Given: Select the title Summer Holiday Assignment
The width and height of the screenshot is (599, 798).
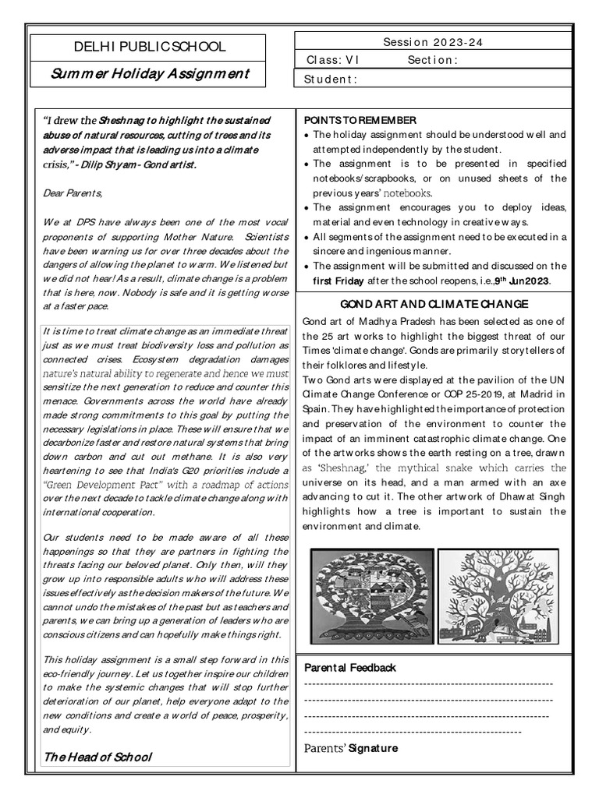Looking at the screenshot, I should tap(150, 74).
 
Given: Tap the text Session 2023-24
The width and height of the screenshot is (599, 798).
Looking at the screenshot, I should tap(433, 42).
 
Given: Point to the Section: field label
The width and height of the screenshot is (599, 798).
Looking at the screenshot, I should tap(432, 60).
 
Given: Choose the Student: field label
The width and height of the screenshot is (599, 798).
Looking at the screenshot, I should tap(331, 79).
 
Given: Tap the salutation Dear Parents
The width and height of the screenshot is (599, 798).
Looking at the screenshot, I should tap(73, 192).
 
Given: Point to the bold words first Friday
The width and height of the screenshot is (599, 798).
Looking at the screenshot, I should tap(338, 281).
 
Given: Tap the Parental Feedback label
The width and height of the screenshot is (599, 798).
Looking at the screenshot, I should tap(350, 668).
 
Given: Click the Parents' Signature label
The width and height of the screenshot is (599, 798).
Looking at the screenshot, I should tap(350, 748).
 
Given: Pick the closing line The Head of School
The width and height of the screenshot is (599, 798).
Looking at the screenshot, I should tap(97, 757).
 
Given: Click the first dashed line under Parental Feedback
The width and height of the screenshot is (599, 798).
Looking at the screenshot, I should tap(428, 684).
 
